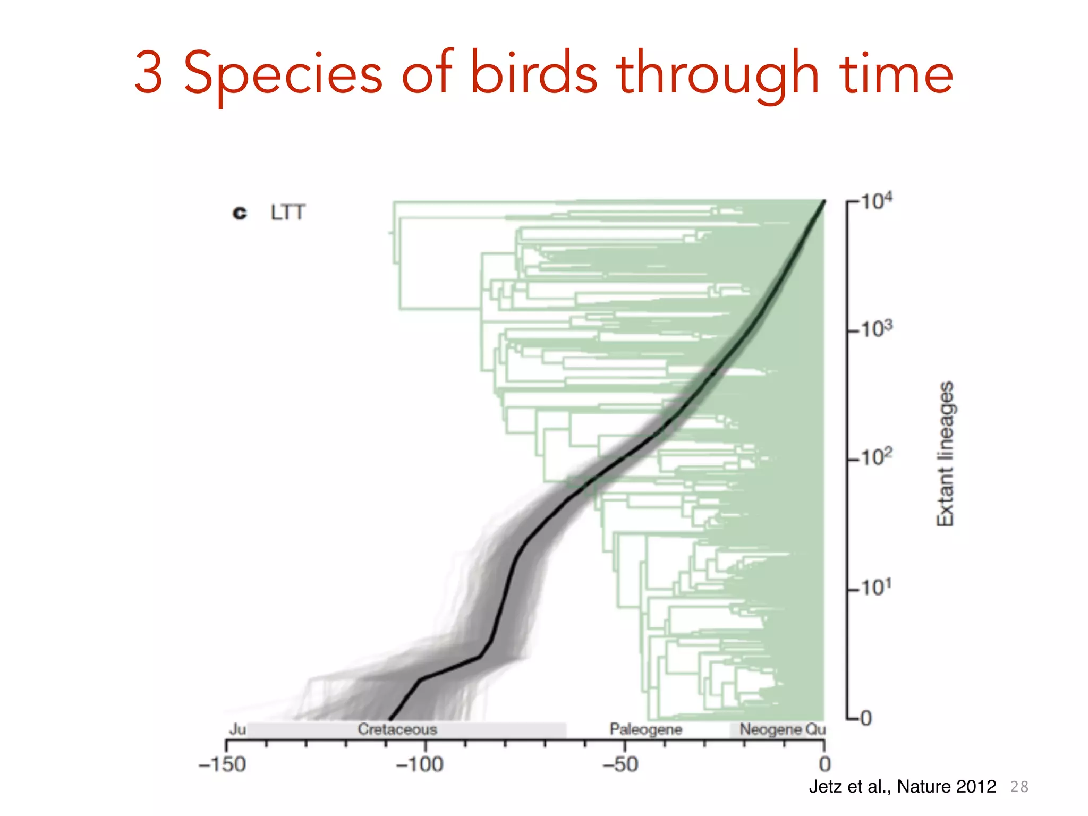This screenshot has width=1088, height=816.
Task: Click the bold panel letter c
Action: click(240, 213)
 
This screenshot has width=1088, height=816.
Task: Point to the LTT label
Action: click(287, 212)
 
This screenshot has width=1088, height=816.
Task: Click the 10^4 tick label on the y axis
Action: click(876, 201)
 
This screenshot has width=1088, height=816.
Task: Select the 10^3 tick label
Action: click(876, 329)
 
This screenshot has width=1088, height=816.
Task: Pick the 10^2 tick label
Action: click(876, 457)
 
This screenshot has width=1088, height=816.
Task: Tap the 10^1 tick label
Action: click(876, 587)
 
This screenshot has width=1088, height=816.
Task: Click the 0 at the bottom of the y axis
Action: click(865, 719)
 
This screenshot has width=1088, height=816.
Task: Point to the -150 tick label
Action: click(222, 765)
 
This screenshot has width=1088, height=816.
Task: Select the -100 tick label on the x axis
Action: click(420, 765)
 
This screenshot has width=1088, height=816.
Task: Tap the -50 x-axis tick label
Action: click(620, 765)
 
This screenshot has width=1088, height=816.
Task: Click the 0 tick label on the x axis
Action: click(824, 765)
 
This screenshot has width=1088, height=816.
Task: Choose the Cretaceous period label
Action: click(397, 729)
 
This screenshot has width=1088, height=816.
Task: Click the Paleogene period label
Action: click(645, 729)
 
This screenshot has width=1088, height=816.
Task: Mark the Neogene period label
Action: click(771, 729)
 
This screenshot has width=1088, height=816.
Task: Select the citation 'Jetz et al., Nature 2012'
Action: click(902, 786)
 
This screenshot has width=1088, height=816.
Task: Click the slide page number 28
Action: click(1019, 787)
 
